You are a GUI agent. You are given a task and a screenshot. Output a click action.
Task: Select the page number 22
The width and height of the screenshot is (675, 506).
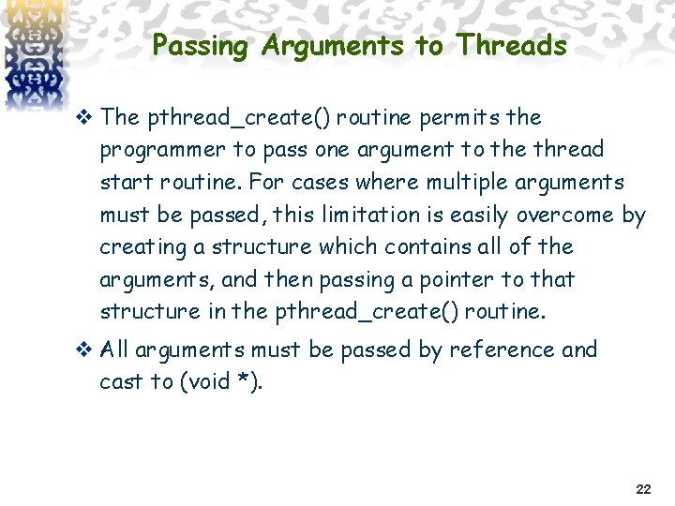coord(643,489)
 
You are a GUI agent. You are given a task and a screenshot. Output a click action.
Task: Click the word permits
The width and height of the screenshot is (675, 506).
coord(454,117)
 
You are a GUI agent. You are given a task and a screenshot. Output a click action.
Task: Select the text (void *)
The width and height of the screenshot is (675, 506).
coord(221,381)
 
